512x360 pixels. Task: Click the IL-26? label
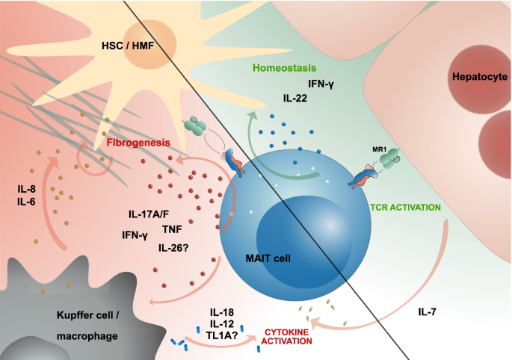[x=173, y=247]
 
